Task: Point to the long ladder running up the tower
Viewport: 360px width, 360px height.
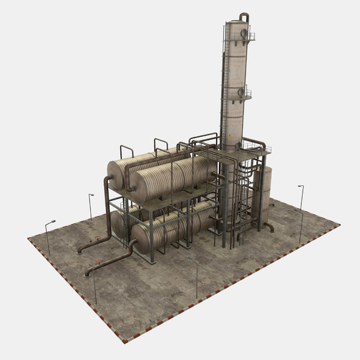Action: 224,90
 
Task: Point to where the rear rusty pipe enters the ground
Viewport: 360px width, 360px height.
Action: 79,251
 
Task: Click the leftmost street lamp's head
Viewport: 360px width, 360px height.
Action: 52,222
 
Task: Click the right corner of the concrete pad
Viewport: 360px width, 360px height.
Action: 340,225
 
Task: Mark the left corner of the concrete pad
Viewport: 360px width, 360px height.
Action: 28,239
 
